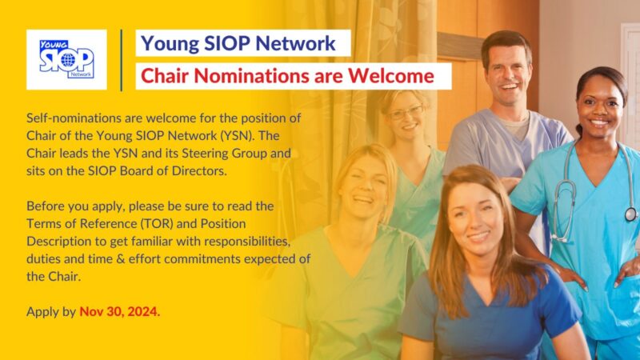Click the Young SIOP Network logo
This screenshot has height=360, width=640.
[x=66, y=59]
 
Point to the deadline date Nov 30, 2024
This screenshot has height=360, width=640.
[x=119, y=311]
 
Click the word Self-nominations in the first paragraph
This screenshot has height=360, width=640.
[x=73, y=117]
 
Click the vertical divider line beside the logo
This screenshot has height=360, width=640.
[x=122, y=60]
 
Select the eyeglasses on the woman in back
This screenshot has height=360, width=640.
[x=406, y=113]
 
